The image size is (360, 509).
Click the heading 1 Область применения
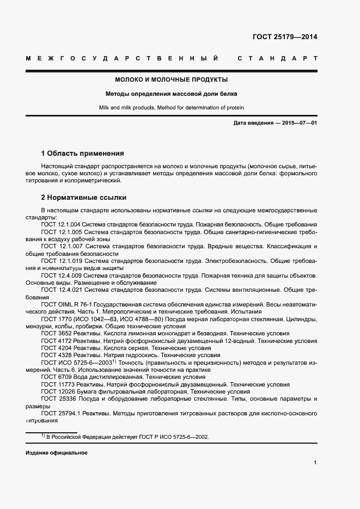pyautogui.click(x=82, y=153)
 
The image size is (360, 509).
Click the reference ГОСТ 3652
pyautogui.click(x=57, y=333)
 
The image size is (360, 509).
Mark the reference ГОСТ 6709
pyautogui.click(x=57, y=377)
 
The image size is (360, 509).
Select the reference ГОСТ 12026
pyautogui.click(x=58, y=391)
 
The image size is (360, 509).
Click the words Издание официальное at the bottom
pyautogui.click(x=56, y=453)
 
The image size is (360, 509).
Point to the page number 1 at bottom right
pyautogui.click(x=315, y=463)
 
